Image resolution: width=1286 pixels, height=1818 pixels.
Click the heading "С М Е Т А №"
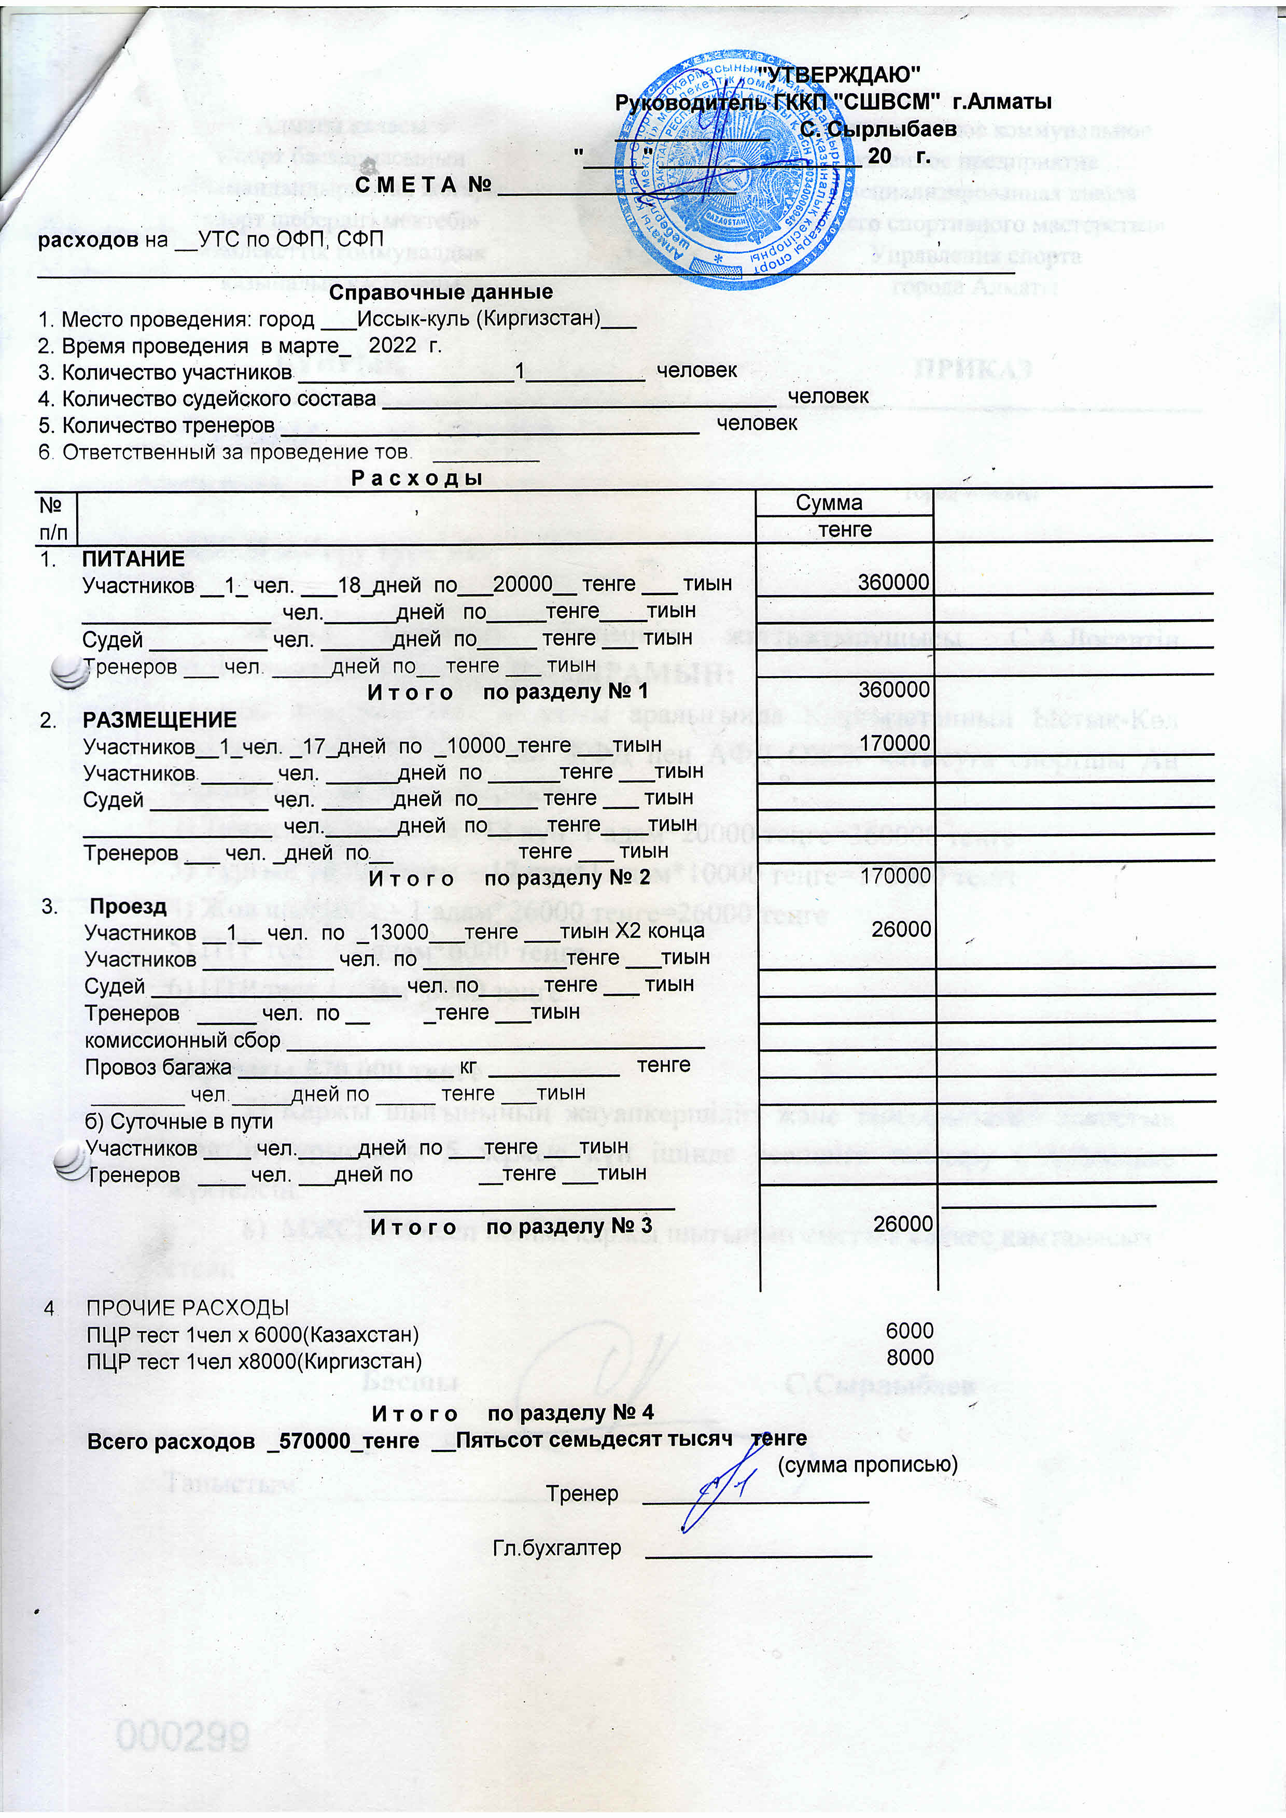click(424, 185)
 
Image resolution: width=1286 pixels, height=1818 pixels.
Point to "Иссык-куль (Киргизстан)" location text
click(478, 319)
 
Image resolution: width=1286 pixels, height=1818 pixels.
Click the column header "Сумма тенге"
click(844, 516)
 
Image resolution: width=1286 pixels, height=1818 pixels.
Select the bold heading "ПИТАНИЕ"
click(133, 559)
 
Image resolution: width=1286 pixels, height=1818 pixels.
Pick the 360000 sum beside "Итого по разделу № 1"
click(893, 690)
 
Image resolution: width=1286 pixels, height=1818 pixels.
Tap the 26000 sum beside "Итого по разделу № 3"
click(903, 1224)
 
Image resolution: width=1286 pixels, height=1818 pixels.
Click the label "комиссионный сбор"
click(182, 1040)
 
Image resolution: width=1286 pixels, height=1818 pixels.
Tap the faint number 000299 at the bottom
click(183, 1737)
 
